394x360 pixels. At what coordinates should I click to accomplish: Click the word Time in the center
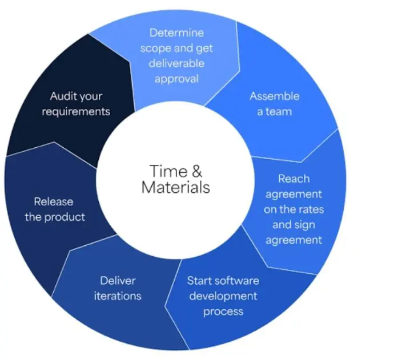tap(168, 171)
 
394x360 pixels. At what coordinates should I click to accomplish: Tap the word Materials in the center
tap(176, 187)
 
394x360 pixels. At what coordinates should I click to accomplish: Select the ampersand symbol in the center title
tap(197, 171)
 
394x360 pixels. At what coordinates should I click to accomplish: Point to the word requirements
tap(76, 112)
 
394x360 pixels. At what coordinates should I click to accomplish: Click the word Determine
tap(176, 33)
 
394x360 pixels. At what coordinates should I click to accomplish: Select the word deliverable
tap(176, 63)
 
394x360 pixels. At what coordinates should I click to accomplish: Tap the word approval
tap(176, 79)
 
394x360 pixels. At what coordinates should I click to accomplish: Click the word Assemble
tap(275, 96)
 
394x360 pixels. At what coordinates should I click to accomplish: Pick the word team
tap(279, 112)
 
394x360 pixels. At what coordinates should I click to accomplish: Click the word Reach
tap(294, 179)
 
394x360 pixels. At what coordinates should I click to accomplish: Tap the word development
tap(223, 296)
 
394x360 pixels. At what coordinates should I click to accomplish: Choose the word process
tap(223, 312)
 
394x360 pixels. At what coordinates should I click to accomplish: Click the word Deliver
tap(118, 281)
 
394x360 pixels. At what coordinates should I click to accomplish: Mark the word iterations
tap(118, 296)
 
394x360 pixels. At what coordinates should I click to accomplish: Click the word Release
tap(54, 201)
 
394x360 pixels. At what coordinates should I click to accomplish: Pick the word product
tap(65, 217)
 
